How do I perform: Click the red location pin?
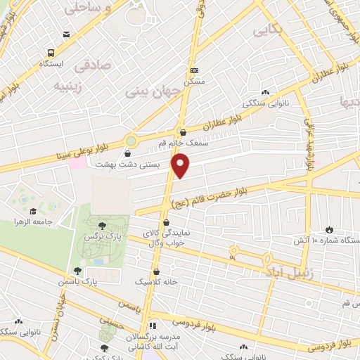[181, 165]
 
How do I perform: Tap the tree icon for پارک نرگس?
[104, 225]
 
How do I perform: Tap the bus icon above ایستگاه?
[51, 53]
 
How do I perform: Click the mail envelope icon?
[66, 34]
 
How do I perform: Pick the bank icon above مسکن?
[195, 70]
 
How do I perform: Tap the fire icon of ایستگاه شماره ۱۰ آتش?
[329, 229]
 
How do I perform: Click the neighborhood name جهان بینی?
[147, 91]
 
